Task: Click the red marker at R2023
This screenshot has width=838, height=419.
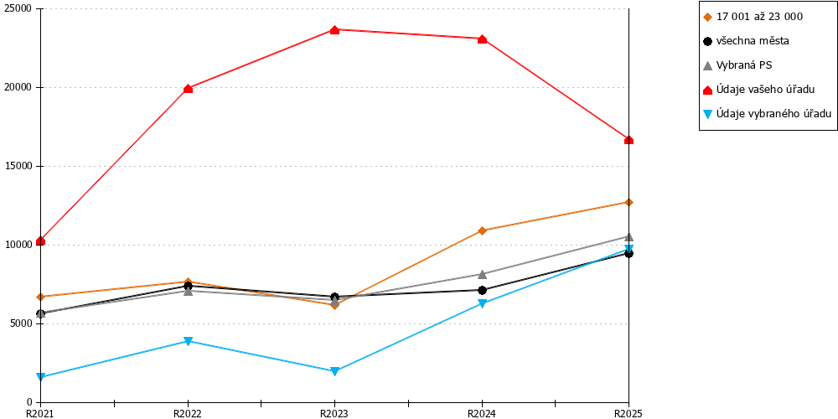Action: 334,30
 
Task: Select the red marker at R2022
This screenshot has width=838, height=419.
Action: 188,88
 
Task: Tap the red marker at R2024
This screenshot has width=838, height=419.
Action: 482,39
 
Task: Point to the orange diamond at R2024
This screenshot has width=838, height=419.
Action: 482,230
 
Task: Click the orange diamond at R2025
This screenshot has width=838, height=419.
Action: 629,202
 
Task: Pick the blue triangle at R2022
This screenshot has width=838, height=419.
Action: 188,342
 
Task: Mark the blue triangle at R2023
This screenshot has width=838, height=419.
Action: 334,371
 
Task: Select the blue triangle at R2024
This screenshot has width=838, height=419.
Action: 482,303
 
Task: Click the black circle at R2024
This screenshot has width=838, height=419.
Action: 482,290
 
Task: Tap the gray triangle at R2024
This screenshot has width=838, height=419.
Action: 482,274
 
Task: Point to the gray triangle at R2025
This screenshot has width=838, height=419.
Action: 629,237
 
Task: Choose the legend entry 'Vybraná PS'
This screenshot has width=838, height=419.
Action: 737,65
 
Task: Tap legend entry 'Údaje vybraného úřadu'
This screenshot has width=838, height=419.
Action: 767,113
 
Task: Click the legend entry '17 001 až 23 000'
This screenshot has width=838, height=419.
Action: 753,17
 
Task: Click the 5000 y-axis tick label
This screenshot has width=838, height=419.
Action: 23,323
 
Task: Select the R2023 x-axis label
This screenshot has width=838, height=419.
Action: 334,413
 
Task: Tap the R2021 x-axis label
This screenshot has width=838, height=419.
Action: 40,413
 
